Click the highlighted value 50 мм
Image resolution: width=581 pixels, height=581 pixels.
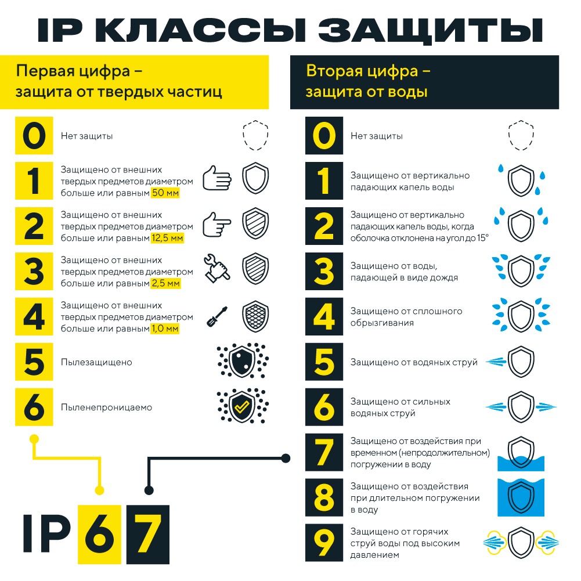tap(165, 193)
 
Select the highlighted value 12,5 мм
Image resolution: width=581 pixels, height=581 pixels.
tap(167, 238)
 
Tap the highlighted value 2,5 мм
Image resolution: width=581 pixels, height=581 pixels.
tap(165, 283)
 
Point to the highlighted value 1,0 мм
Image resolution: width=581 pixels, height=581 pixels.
tap(165, 329)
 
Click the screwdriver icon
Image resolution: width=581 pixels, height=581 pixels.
tap(217, 316)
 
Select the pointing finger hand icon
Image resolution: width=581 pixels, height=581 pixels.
tap(217, 223)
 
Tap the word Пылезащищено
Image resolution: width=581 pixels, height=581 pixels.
tap(96, 362)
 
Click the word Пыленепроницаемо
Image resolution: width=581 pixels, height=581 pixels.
tap(106, 407)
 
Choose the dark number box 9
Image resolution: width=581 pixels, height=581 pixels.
tap(324, 543)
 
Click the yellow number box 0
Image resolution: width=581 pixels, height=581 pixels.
tap(34, 135)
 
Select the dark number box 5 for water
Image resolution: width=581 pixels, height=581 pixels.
tap(324, 362)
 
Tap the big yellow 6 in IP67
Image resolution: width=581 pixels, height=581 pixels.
tap(99, 535)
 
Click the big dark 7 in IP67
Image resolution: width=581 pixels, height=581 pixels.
tap(148, 535)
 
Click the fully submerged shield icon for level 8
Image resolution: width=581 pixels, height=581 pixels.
tap(521, 497)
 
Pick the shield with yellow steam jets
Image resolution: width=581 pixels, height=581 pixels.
tap(521, 543)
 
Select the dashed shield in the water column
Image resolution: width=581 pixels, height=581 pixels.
tap(521, 135)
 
